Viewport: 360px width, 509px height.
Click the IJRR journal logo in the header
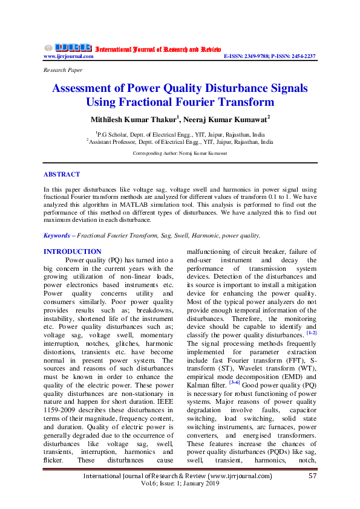point(68,48)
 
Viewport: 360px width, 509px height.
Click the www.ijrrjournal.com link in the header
point(68,56)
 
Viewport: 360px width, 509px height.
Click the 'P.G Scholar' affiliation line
point(180,134)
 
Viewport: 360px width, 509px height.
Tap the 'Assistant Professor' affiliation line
point(180,142)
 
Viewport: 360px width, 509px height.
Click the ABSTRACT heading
point(61,174)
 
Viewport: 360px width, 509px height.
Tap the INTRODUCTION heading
point(72,251)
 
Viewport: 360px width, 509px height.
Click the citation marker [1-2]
point(311,332)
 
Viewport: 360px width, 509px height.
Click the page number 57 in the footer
point(313,476)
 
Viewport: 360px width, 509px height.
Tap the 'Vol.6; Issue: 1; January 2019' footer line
point(180,484)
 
